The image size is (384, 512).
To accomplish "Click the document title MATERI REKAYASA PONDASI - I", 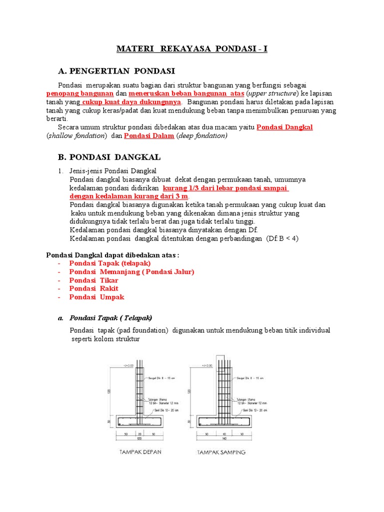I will coord(192,49).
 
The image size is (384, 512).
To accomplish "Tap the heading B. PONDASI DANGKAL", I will coord(109,157).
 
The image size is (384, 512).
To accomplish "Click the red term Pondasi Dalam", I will coord(149,135).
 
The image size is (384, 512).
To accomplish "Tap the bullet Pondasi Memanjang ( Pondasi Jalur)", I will coord(131,271).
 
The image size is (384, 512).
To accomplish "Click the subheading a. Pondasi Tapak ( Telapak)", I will coord(110,317).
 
